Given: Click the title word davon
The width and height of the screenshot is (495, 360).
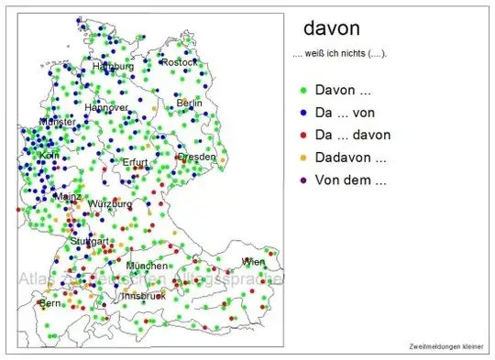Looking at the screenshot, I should [331, 29].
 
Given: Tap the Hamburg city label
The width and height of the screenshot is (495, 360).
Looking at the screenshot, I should [114, 67].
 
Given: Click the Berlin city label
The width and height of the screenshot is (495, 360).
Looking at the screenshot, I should [189, 104].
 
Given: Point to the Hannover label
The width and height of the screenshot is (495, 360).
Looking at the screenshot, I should [106, 107].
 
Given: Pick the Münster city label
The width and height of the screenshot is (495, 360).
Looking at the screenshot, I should [57, 122].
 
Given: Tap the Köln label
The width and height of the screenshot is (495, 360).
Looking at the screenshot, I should [49, 156].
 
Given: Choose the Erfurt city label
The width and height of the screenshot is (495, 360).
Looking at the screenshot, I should [135, 162].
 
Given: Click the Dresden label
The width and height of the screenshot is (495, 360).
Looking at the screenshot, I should [197, 157].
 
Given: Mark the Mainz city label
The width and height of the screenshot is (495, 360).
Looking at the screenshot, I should [68, 196].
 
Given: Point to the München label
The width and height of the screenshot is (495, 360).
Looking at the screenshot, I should [148, 266].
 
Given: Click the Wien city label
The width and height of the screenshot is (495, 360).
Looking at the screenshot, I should [252, 262].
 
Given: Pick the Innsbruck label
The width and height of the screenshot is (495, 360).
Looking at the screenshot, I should [143, 296].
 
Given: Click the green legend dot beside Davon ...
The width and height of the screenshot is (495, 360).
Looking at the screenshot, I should [302, 91].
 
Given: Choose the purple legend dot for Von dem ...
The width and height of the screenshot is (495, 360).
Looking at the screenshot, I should [302, 180].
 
